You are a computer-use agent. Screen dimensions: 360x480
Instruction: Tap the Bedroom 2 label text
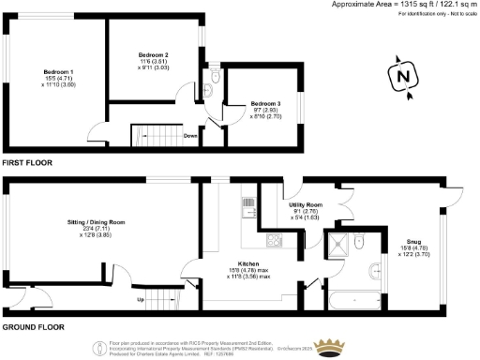152,55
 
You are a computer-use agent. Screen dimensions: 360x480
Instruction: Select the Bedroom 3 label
265,103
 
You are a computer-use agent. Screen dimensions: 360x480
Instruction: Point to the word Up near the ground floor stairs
141,300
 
